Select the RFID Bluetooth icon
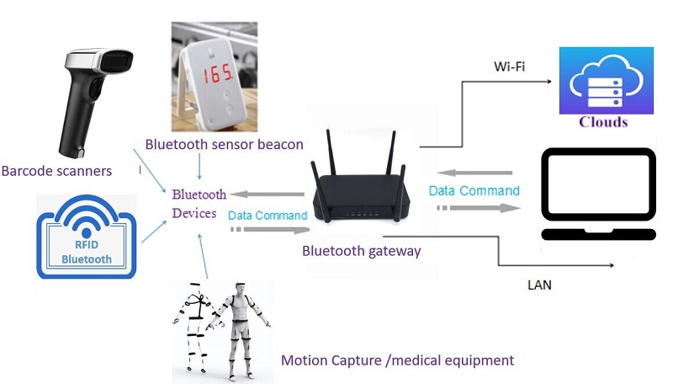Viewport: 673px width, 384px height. pos(86,236)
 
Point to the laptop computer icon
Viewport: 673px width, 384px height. pos(598,194)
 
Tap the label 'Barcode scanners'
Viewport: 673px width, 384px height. pos(56,171)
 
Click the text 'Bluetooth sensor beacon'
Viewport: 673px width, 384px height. pos(224,144)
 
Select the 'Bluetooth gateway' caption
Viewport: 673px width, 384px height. pos(361,251)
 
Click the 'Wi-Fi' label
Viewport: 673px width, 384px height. pos(509,67)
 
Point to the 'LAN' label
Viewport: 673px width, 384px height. pos(539,285)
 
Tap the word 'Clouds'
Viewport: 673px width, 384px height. pos(603,121)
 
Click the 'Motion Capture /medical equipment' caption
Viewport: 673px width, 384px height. pos(397,360)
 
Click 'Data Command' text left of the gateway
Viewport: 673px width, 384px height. pos(268,216)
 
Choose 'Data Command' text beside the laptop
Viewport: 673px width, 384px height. pos(474,191)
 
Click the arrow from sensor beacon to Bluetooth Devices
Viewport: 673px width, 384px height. pos(199,167)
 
